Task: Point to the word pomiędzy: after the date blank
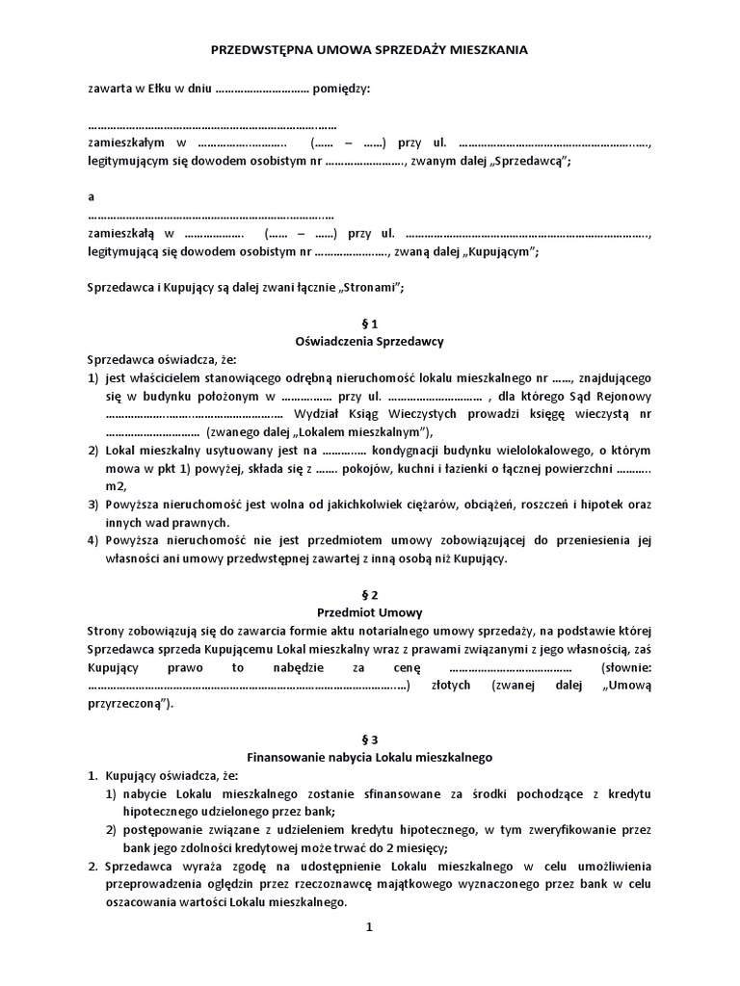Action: pyautogui.click(x=341, y=89)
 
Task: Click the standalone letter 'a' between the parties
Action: pyautogui.click(x=91, y=196)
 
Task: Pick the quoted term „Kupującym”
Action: pyautogui.click(x=501, y=251)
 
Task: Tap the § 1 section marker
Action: pyautogui.click(x=369, y=323)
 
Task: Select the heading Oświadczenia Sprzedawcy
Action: pyautogui.click(x=369, y=341)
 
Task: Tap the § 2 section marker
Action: pyautogui.click(x=369, y=594)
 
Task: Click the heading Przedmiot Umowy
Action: pyautogui.click(x=369, y=612)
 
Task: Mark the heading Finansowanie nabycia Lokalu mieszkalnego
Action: pyautogui.click(x=369, y=757)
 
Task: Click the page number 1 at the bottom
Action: pyautogui.click(x=369, y=929)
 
